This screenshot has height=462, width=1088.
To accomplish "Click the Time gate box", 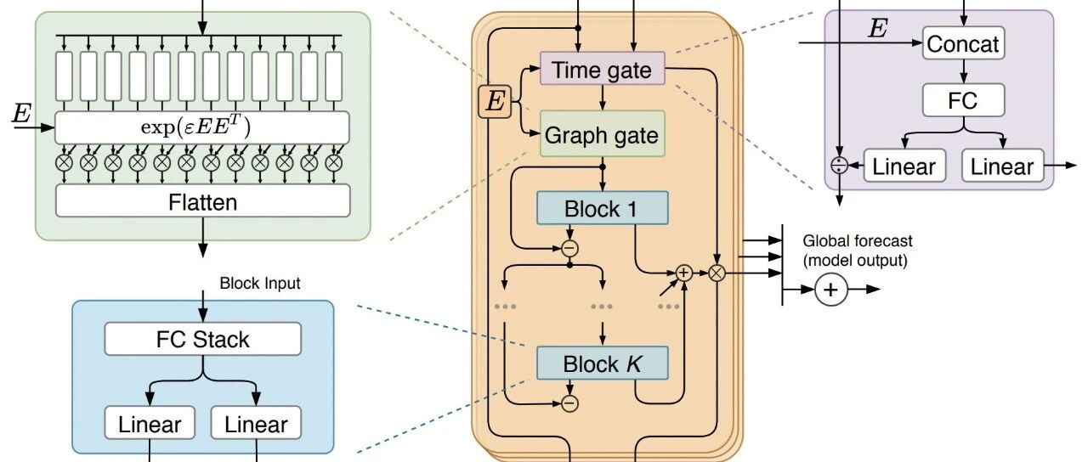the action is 603,69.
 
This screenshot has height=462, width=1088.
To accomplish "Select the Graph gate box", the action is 603,134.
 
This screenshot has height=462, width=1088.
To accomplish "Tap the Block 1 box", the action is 603,208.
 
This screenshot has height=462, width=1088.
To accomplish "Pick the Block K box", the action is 603,363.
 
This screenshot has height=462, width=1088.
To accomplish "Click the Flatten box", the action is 202,200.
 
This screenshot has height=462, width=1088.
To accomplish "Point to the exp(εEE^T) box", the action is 202,127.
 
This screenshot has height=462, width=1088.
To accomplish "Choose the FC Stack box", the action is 202,339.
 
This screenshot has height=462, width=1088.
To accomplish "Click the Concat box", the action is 964,43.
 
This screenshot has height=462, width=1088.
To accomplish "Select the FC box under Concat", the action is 964,100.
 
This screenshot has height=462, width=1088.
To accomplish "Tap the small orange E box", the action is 495,102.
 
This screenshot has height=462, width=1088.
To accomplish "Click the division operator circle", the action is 840,166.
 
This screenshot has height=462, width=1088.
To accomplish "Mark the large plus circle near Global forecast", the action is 831,290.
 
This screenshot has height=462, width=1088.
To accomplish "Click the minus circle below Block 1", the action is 569,249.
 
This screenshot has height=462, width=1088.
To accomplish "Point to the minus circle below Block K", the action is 569,403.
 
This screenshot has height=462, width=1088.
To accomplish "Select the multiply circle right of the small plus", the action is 717,273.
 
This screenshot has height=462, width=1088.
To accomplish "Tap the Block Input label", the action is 260,283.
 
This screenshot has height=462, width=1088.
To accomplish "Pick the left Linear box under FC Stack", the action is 150,423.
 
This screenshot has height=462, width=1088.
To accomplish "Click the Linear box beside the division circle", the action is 904,166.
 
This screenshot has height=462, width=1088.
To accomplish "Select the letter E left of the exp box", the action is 21,114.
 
